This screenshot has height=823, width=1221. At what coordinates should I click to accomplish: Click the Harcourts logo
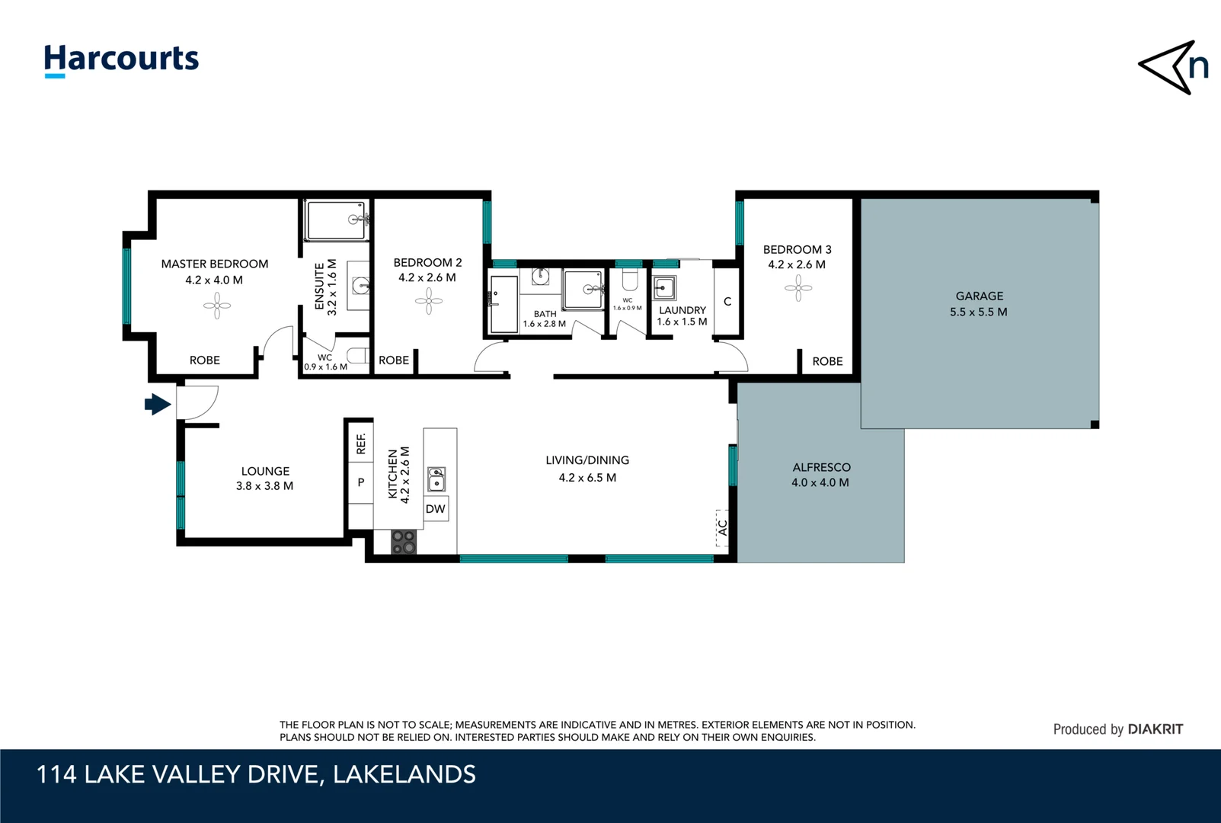coord(121,59)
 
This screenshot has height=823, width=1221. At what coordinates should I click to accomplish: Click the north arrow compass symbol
coord(1174,67)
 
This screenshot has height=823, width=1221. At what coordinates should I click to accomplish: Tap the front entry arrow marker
coord(158,404)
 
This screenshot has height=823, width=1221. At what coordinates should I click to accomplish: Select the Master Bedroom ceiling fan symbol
coord(217,306)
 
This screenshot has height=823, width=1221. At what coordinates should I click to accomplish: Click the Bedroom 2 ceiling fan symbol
coord(429,301)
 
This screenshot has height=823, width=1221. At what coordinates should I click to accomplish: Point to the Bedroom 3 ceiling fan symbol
coord(798,288)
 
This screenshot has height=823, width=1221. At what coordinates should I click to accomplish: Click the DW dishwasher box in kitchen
coord(436,509)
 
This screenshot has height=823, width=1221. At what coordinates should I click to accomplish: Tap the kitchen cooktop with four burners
coord(404,542)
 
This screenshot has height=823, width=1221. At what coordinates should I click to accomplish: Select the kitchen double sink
coord(436,479)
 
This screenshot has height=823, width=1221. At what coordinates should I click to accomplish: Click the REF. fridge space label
coord(361,444)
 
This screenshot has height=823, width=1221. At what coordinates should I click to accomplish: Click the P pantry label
coord(361,482)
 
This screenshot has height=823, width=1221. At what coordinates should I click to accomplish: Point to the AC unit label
coord(722,527)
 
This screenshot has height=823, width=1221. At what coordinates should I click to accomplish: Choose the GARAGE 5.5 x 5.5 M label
coord(979,303)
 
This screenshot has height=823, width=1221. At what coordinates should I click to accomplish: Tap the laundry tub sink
coord(664,289)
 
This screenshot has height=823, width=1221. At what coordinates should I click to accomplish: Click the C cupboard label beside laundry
coord(727,302)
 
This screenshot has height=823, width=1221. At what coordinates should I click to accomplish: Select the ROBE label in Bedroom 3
coord(827,361)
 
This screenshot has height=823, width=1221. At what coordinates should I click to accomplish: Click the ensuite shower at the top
coord(336,220)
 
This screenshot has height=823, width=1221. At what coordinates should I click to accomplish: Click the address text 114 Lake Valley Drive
coord(256,774)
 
